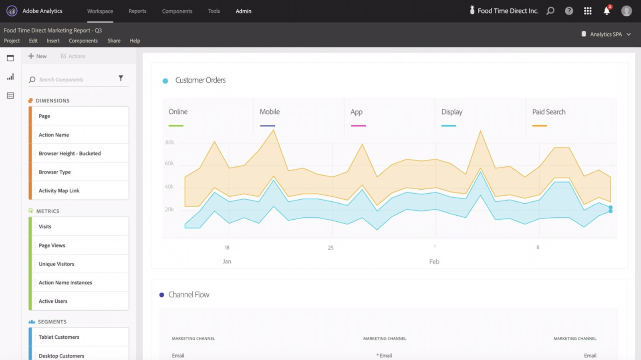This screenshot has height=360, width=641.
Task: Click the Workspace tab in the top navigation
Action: pyautogui.click(x=100, y=11)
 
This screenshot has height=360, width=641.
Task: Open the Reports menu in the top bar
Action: pyautogui.click(x=137, y=11)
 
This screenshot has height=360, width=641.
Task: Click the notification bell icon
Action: pyautogui.click(x=607, y=11)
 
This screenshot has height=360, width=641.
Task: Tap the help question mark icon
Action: pyautogui.click(x=569, y=11)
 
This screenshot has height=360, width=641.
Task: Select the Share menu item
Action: pyautogui.click(x=114, y=41)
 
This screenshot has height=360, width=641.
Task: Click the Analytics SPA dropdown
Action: pyautogui.click(x=606, y=34)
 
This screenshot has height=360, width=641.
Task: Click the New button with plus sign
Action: pyautogui.click(x=37, y=56)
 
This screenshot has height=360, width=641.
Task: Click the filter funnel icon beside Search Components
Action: pyautogui.click(x=121, y=78)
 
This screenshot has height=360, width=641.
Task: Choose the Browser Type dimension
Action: pyautogui.click(x=55, y=172)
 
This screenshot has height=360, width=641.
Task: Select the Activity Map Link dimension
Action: pyautogui.click(x=59, y=191)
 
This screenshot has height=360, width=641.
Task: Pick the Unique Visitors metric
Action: pyautogui.click(x=56, y=264)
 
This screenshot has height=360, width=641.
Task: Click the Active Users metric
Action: pyautogui.click(x=53, y=301)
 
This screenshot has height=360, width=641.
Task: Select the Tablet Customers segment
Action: pyautogui.click(x=59, y=337)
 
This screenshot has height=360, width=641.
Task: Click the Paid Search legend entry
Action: pyautogui.click(x=548, y=112)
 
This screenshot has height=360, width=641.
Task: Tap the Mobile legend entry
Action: pyautogui.click(x=270, y=112)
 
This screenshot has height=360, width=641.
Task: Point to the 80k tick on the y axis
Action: pyautogui.click(x=169, y=142)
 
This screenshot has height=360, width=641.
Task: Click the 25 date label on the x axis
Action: pyautogui.click(x=331, y=248)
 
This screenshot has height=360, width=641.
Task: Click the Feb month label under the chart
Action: pyautogui.click(x=434, y=262)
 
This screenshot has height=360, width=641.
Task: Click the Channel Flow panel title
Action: pyautogui.click(x=189, y=295)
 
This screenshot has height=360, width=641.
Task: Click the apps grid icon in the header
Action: pyautogui.click(x=588, y=11)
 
